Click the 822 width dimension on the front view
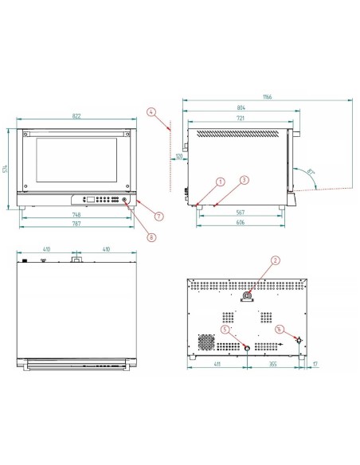[77, 117]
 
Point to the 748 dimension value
[75, 216]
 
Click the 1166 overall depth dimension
[267, 97]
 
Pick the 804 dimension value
[241, 107]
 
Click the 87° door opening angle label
[308, 170]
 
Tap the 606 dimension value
[240, 224]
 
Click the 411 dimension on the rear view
[217, 363]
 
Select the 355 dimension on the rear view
[272, 363]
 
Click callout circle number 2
[275, 260]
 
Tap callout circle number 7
[159, 216]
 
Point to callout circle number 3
[245, 181]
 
